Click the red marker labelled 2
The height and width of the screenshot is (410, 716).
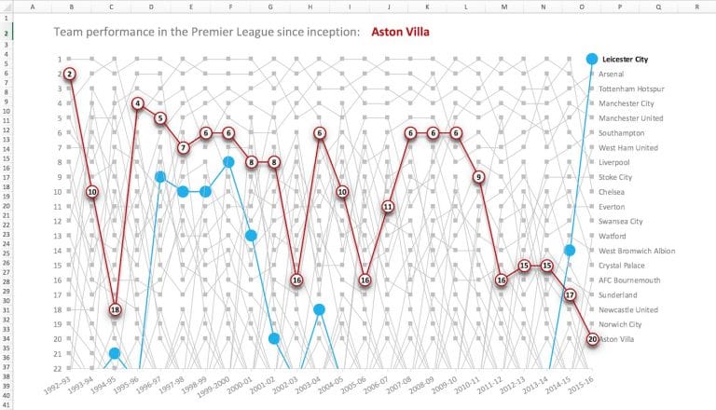69,74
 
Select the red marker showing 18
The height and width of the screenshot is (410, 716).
115,309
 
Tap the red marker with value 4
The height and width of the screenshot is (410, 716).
137,103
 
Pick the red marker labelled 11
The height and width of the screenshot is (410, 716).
388,207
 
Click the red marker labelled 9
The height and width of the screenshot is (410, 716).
478,177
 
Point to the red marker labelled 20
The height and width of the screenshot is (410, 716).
592,339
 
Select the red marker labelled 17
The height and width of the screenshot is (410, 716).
570,294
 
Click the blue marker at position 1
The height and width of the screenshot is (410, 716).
592,59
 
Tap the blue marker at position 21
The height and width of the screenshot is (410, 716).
115,353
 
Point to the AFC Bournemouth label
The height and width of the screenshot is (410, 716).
630,280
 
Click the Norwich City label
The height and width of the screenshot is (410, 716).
622,324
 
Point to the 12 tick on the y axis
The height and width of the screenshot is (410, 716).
57,221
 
